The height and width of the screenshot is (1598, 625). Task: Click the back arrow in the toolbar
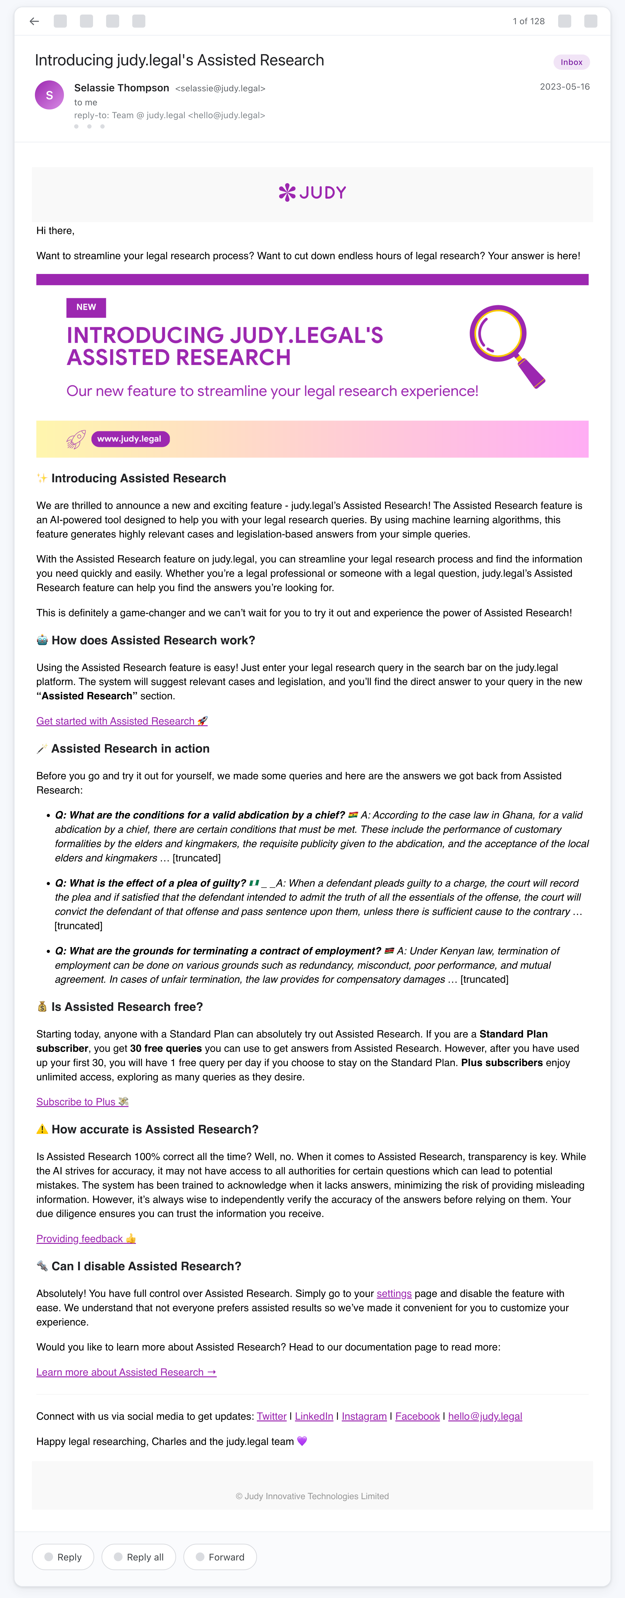pyautogui.click(x=34, y=21)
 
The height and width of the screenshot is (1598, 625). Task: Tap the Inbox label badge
pyautogui.click(x=571, y=62)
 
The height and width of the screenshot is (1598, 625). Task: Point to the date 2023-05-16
pyautogui.click(x=564, y=87)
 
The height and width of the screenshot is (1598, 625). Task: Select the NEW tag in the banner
pyautogui.click(x=86, y=307)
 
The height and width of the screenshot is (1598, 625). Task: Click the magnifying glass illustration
pyautogui.click(x=506, y=344)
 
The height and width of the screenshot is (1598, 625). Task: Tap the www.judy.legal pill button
pyautogui.click(x=130, y=439)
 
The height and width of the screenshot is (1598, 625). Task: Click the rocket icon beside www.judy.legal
pyautogui.click(x=76, y=439)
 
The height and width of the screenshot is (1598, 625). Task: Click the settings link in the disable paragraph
pyautogui.click(x=394, y=1294)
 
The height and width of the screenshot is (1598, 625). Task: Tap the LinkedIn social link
pyautogui.click(x=314, y=1416)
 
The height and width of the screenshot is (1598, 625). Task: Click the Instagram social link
pyautogui.click(x=364, y=1416)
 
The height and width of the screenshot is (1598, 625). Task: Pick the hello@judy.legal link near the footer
pyautogui.click(x=485, y=1416)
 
